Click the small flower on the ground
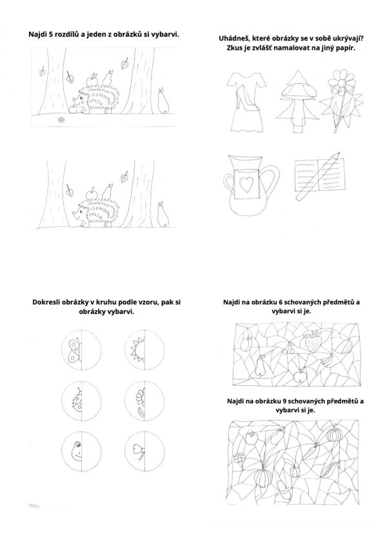[61, 120]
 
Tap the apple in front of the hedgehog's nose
[73, 109]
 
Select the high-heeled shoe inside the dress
[246, 101]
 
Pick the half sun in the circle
[138, 349]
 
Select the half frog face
[77, 450]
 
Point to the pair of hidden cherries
[288, 348]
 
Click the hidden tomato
[250, 438]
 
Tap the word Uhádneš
[233, 39]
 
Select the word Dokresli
[47, 302]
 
